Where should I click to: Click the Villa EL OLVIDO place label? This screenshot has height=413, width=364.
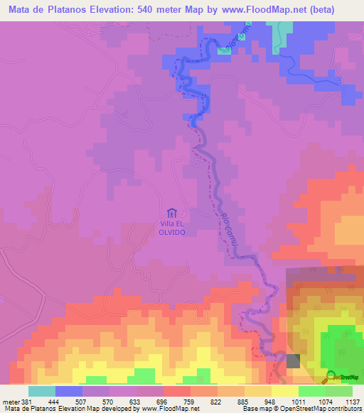point(171,227)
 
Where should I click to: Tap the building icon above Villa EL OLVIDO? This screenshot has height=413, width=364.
point(171,213)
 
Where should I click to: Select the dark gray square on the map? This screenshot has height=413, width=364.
point(294,361)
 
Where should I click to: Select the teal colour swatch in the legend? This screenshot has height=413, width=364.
point(41,391)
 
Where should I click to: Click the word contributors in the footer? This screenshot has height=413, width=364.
point(345,409)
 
